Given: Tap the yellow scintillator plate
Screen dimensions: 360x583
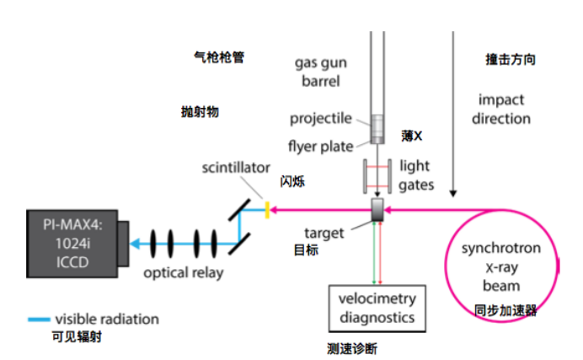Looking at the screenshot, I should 267,208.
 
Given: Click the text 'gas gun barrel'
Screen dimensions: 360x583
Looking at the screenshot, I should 321,72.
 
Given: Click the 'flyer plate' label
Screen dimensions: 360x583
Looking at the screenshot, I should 321,146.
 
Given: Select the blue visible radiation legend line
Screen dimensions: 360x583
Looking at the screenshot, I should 39,320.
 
